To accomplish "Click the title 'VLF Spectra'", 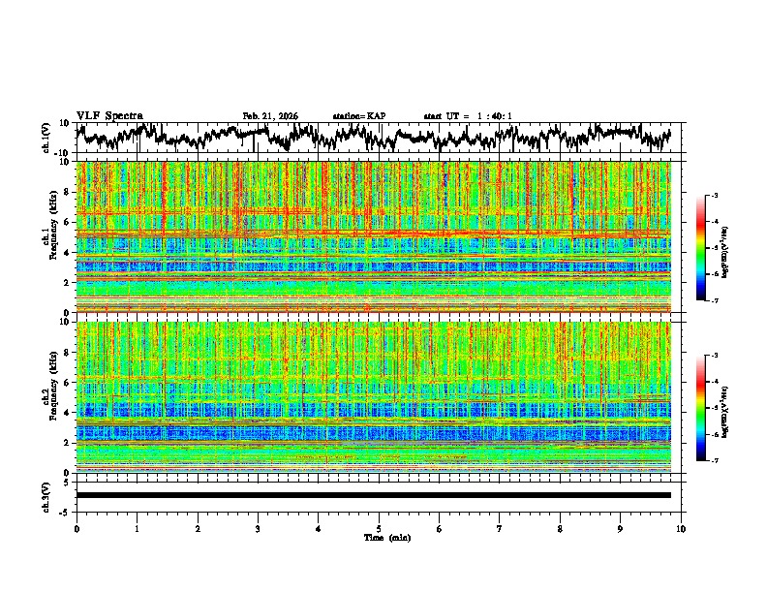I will (x=109, y=115).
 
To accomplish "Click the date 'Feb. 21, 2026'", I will (x=270, y=116).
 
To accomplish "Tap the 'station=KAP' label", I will (x=358, y=116).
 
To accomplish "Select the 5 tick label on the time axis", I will (x=379, y=529).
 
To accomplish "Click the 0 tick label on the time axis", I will (x=77, y=529).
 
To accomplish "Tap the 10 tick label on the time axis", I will (x=681, y=529).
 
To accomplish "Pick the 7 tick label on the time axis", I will (x=500, y=529).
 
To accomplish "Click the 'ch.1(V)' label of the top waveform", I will (x=46, y=138).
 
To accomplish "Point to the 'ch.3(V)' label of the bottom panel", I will (x=46, y=495).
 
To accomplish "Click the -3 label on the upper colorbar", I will (x=714, y=197).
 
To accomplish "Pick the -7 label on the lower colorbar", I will (x=714, y=461).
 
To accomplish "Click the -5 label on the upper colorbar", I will (x=714, y=248).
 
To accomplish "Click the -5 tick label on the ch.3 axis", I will (x=67, y=511).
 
